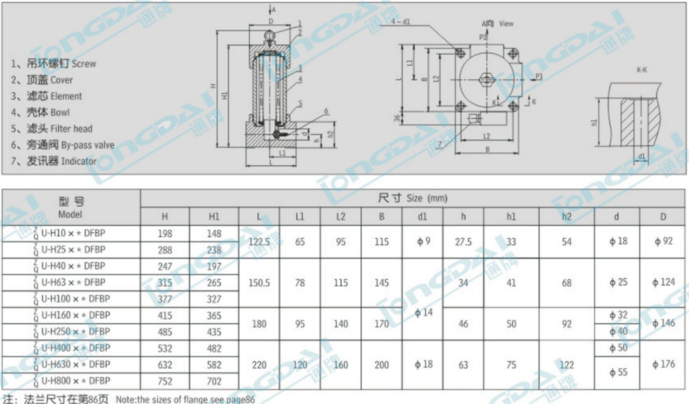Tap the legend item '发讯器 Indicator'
pyautogui.click(x=54, y=161)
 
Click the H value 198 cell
pyautogui.click(x=165, y=234)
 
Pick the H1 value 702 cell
pyautogui.click(x=214, y=380)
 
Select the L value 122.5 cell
pyautogui.click(x=258, y=242)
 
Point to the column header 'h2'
pyautogui.click(x=566, y=216)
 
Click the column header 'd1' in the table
pyautogui.click(x=423, y=216)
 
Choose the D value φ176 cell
pyautogui.click(x=664, y=364)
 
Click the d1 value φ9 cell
pyautogui.click(x=423, y=242)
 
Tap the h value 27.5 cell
pyautogui.click(x=464, y=242)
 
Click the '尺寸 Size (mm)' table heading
pyautogui.click(x=413, y=199)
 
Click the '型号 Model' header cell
pyautogui.click(x=71, y=205)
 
